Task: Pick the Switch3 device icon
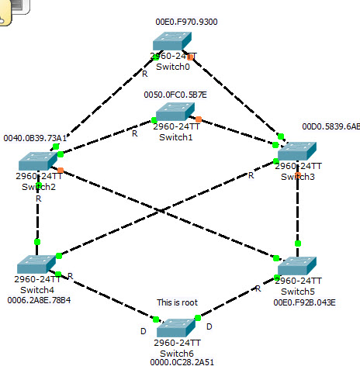pyautogui.click(x=297, y=150)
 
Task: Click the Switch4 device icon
pyautogui.click(x=37, y=264)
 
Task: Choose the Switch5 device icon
pyautogui.click(x=297, y=265)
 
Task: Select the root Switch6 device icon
pyautogui.click(x=177, y=326)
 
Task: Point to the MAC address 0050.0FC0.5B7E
pyautogui.click(x=175, y=95)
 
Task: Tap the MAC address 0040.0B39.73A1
pyautogui.click(x=36, y=138)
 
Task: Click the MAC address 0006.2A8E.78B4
pyautogui.click(x=40, y=300)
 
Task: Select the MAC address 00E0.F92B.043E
pyautogui.click(x=305, y=302)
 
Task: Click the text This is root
pyautogui.click(x=178, y=302)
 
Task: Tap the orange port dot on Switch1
pyautogui.click(x=199, y=119)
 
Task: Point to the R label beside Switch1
pyautogui.click(x=134, y=133)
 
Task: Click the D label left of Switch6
pyautogui.click(x=142, y=331)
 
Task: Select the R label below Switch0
pyautogui.click(x=144, y=74)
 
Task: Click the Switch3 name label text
pyautogui.click(x=298, y=177)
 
